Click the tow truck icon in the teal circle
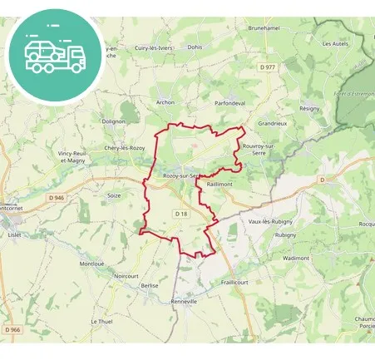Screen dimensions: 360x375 point(54,55)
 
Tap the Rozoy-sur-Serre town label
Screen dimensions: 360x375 point(180,175)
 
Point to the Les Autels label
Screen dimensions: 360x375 point(334,43)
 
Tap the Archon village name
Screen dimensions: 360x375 point(165,103)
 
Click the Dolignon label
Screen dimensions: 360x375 point(113,121)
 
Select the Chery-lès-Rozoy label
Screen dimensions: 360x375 point(125,148)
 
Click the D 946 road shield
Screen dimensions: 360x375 point(57,197)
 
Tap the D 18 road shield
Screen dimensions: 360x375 point(181,214)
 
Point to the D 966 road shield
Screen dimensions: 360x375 point(12,330)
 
